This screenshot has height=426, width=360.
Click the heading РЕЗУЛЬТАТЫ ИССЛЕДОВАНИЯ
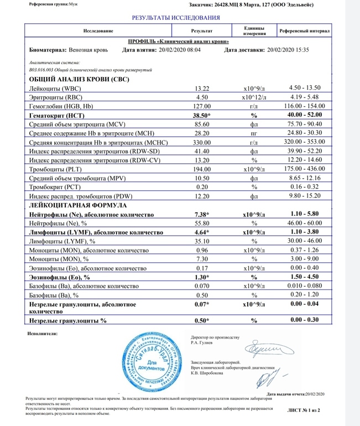(175, 18)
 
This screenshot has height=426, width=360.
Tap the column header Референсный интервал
(304, 32)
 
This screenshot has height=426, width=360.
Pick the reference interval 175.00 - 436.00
(305, 168)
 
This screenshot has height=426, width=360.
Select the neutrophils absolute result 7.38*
(202, 214)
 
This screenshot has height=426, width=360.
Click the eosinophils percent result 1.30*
(202, 277)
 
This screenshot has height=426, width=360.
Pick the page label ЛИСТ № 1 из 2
(304, 410)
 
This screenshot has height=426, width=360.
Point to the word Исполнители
(41, 334)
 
